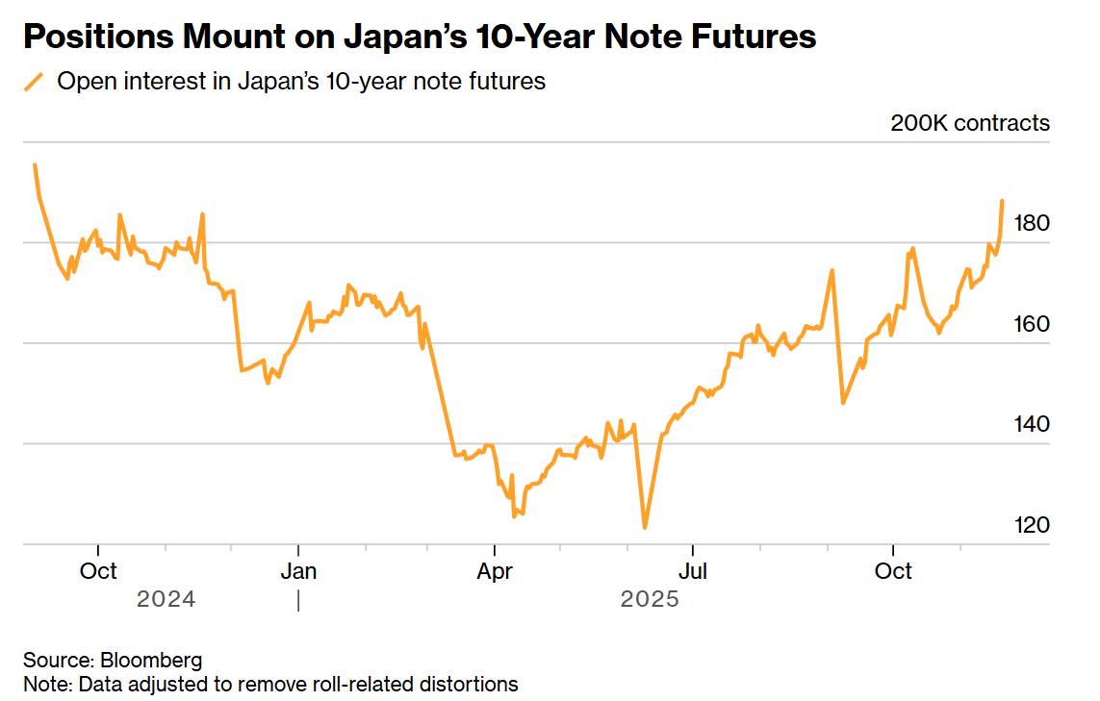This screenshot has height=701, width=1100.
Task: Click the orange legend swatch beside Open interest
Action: (35, 82)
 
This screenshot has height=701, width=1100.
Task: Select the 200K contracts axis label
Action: (970, 123)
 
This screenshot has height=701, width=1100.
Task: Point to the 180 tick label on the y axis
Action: (1033, 223)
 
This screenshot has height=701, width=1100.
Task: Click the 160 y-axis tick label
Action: (1033, 324)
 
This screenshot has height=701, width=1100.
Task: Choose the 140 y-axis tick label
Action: (1033, 425)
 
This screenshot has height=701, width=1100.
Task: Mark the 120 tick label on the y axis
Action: (1033, 525)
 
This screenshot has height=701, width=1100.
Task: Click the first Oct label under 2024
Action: (98, 571)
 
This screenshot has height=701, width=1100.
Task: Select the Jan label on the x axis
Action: (298, 571)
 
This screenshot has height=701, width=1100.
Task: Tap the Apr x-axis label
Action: (495, 571)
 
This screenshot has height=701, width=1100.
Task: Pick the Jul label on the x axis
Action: (693, 571)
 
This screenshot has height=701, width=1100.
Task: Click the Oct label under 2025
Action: (893, 571)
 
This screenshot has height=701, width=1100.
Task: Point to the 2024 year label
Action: (166, 600)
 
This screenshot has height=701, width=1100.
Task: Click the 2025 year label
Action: (650, 600)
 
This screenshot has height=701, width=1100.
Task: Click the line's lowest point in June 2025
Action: (644, 527)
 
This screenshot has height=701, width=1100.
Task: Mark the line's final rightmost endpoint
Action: (1002, 201)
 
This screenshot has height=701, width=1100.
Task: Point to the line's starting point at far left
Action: (35, 164)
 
